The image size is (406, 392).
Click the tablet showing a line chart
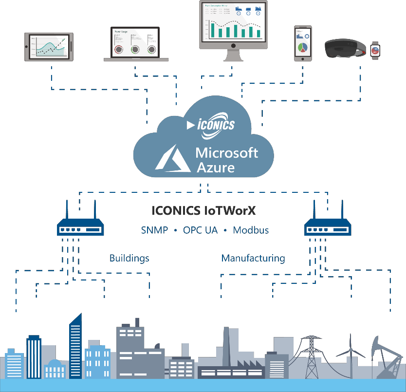(x=49, y=47)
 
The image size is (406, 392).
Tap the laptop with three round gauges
(x=136, y=45)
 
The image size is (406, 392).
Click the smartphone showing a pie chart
(x=302, y=44)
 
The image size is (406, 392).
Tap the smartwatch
(x=375, y=50)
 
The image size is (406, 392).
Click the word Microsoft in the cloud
(x=226, y=153)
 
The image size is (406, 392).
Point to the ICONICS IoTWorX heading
(x=203, y=211)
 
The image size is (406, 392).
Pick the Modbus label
(x=251, y=230)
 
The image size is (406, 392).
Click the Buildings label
(x=129, y=258)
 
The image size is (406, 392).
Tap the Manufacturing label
(x=253, y=258)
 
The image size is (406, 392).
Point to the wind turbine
(x=350, y=355)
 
